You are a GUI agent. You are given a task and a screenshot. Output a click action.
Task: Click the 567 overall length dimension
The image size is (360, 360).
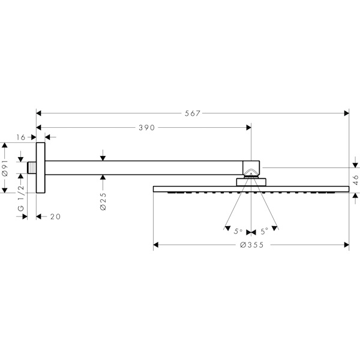[193, 113]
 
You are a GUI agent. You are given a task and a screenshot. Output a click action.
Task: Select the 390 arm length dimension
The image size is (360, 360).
[147, 128]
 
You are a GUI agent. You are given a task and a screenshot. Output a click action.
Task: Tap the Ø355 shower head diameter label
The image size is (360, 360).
[251, 245]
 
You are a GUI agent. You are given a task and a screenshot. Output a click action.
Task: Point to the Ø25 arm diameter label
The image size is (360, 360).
[103, 202]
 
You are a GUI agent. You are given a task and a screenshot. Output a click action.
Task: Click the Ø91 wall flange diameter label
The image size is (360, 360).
[5, 168]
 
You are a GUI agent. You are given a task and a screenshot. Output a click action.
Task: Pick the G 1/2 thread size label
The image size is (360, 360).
[20, 198]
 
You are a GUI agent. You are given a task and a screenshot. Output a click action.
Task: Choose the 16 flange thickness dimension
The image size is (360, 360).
[20, 137]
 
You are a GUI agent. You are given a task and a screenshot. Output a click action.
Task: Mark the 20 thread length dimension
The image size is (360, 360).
[55, 217]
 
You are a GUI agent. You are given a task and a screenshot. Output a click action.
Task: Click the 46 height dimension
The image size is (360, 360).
[356, 180]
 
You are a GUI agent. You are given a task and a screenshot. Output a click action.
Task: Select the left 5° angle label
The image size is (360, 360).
[238, 232]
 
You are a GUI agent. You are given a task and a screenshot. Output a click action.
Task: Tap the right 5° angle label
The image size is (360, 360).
[265, 232]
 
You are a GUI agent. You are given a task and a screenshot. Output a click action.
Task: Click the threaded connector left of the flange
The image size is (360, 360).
[32, 168]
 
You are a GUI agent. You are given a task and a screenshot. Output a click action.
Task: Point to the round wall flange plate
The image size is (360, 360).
[41, 167]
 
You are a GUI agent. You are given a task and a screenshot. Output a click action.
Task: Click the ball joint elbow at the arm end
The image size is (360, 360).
[251, 169]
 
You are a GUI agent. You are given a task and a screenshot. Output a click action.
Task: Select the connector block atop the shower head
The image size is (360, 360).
[251, 182]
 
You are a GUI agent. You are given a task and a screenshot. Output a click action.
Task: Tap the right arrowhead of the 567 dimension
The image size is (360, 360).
[346, 113]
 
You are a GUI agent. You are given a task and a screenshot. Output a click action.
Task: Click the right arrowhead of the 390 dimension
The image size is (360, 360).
[248, 127]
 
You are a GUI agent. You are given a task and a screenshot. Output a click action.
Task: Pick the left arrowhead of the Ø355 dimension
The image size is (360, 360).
[156, 245]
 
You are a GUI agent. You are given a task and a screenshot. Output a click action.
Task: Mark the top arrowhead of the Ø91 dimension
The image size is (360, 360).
[5, 145]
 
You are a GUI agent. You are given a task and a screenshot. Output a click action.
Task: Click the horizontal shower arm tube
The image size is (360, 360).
[144, 168]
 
